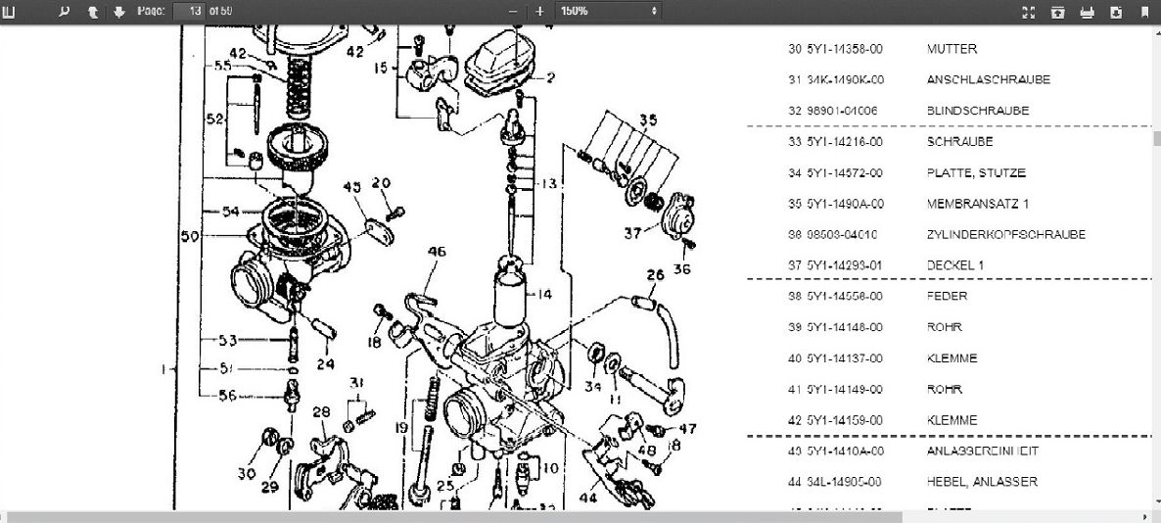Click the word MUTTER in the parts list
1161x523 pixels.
(952, 49)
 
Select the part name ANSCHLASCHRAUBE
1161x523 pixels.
(975, 80)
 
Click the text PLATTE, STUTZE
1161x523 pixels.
(976, 173)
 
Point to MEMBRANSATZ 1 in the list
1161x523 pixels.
(977, 205)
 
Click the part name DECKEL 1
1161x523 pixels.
(955, 265)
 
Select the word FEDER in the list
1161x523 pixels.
(947, 296)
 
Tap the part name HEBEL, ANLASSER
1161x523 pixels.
(968, 482)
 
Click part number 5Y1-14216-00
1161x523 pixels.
(845, 142)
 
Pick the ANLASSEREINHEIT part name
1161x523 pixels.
(982, 452)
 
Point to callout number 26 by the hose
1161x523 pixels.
(655, 275)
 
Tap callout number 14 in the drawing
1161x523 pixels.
(544, 294)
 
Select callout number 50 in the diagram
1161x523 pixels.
(189, 236)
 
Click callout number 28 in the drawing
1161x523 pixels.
(320, 412)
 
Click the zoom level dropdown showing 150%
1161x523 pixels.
(607, 11)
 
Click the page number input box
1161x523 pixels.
(187, 11)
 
